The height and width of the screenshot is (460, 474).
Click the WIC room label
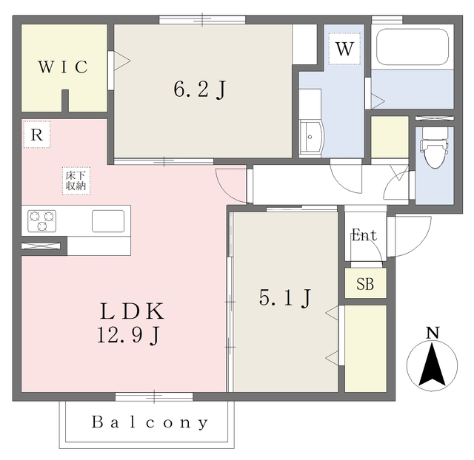pos(63,67)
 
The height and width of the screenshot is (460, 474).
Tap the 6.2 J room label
pos(199,89)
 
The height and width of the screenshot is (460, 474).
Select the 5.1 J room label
pos(284,298)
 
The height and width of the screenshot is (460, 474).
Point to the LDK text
pos(132,311)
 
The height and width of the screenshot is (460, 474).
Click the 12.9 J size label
pos(128,335)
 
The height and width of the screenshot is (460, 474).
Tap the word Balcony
pos(150,422)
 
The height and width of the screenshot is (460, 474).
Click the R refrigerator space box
pos(37,135)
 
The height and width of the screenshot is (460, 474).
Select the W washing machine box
pos(344,49)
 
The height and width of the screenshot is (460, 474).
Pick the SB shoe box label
pos(365,284)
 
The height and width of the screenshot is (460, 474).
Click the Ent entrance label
pos(364,235)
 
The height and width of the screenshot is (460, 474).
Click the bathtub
pos(413,47)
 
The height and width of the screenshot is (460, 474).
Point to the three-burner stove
pos(41,221)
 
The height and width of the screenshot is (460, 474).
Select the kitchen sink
pos(108,221)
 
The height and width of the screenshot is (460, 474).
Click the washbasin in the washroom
pos(311,137)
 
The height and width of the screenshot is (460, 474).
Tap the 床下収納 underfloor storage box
pos(76,180)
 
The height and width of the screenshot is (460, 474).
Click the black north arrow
pos(433,365)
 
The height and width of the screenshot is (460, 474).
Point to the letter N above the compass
pos(433,333)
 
